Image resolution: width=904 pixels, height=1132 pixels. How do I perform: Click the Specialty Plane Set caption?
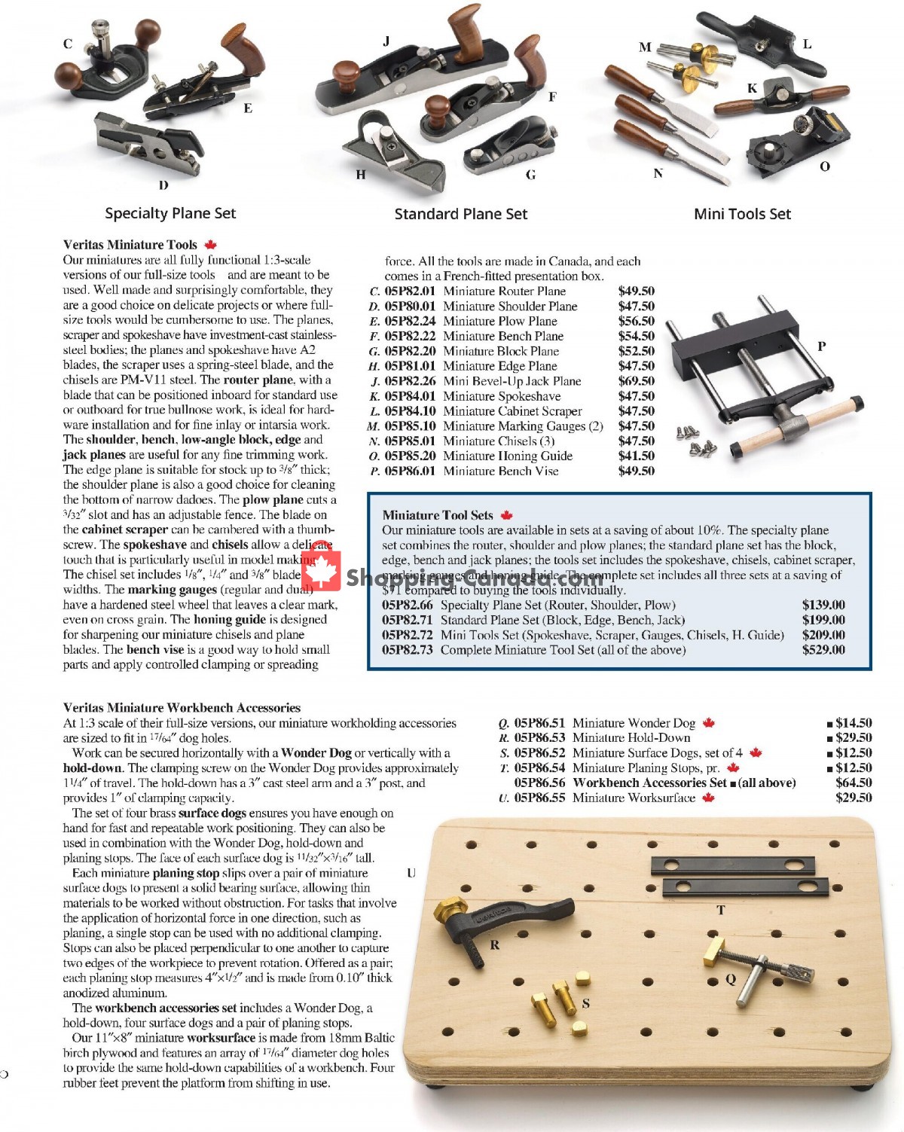pyautogui.click(x=170, y=213)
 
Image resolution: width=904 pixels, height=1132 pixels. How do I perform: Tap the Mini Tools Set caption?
pyautogui.click(x=742, y=214)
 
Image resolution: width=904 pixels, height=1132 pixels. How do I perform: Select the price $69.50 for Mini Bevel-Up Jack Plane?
pyautogui.click(x=636, y=381)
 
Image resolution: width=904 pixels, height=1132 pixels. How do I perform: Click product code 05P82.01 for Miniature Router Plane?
pyautogui.click(x=410, y=291)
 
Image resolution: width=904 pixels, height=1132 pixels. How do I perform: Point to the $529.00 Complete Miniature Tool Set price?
pyautogui.click(x=823, y=650)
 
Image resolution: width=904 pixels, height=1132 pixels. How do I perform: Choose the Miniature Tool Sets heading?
pyautogui.click(x=438, y=515)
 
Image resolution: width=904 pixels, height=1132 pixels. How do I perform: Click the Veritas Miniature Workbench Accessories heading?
pyautogui.click(x=182, y=708)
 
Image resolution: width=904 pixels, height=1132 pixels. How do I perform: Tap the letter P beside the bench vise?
pyautogui.click(x=821, y=346)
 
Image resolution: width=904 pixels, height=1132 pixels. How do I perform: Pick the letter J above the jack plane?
pyautogui.click(x=386, y=41)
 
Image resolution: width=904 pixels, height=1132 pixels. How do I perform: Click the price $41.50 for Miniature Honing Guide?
pyautogui.click(x=636, y=456)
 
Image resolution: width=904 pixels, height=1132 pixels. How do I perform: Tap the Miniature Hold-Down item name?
pyautogui.click(x=631, y=738)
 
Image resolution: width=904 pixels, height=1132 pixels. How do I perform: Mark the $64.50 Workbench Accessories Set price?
pyautogui.click(x=854, y=783)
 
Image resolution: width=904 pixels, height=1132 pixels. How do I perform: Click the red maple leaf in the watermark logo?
pyautogui.click(x=322, y=569)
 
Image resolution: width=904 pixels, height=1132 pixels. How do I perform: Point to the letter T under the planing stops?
pyautogui.click(x=720, y=910)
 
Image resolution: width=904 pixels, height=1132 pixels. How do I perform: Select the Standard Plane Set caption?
pyautogui.click(x=461, y=214)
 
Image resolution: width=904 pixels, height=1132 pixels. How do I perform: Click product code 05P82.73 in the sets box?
pyautogui.click(x=407, y=650)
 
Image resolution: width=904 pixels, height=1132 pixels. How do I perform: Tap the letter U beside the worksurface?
pyautogui.click(x=411, y=873)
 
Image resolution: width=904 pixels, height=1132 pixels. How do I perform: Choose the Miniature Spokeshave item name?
pyautogui.click(x=502, y=396)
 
